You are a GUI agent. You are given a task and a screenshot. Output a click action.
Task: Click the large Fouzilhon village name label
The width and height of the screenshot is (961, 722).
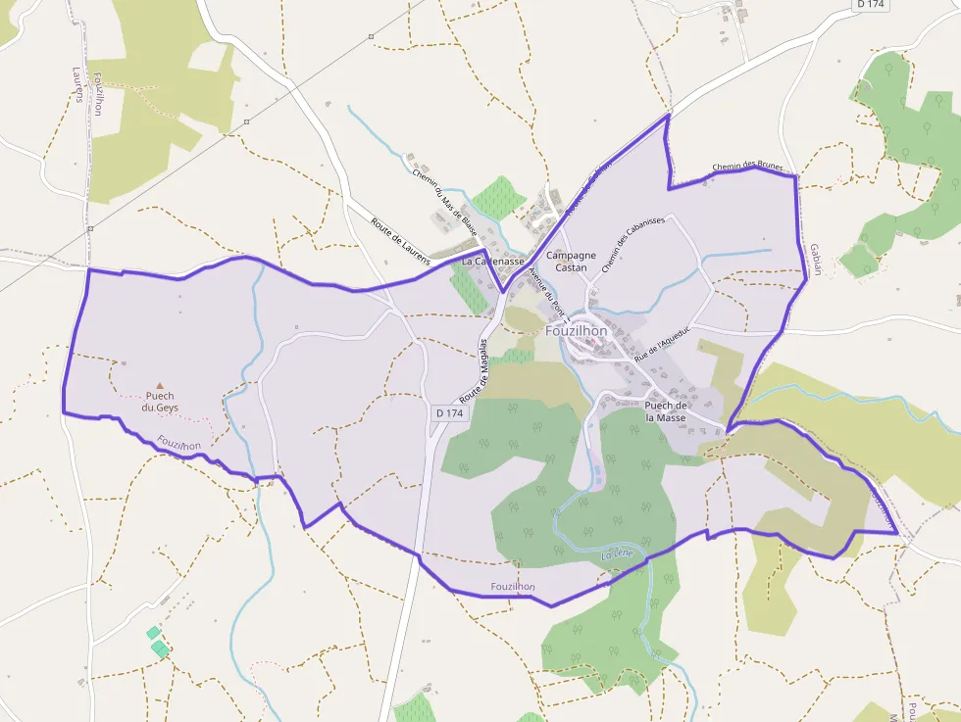pos(577,331)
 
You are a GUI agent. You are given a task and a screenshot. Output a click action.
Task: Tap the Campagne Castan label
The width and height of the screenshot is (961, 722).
pos(571,262)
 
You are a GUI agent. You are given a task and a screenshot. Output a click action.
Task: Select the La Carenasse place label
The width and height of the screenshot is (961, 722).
pos(493,262)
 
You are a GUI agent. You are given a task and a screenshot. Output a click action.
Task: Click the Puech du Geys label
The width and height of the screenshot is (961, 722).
pos(160,402)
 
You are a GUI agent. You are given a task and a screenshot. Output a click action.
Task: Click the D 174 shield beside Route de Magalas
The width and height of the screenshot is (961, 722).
pos(448,413)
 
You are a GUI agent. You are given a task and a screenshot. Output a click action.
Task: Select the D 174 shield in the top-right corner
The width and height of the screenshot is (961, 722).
pos(872,5)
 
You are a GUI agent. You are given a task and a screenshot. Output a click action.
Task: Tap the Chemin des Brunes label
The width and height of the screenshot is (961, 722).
pos(747,168)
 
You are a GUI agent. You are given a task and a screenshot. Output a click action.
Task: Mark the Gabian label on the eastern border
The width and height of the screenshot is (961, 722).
pos(815,260)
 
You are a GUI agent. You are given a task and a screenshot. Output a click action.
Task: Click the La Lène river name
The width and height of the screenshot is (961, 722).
pos(618,555)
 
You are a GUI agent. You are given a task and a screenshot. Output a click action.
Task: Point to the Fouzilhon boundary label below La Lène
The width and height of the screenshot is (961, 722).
pos(513,587)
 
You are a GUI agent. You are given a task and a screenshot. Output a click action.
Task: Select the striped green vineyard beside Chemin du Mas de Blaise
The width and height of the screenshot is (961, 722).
pos(498,198)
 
